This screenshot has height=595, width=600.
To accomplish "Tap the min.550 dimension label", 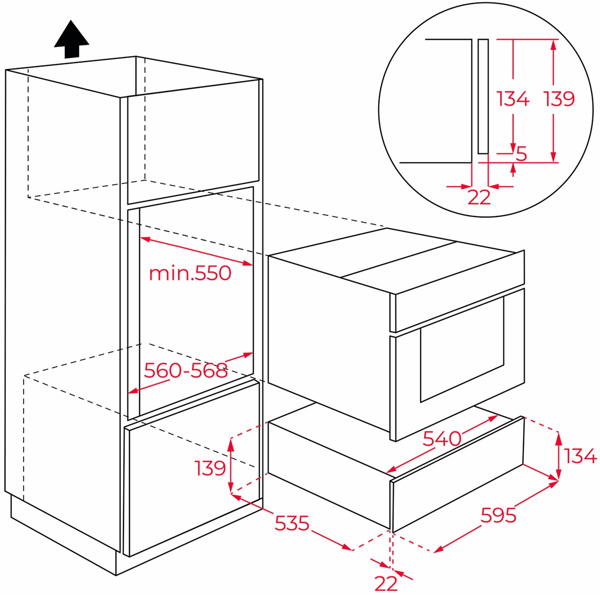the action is (x=190, y=273).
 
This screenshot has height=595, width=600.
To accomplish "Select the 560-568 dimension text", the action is (x=185, y=370).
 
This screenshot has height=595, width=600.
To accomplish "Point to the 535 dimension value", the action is (x=291, y=522).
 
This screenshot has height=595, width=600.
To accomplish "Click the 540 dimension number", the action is (x=442, y=438).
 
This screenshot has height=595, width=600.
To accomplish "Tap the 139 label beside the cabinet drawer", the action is (x=209, y=467).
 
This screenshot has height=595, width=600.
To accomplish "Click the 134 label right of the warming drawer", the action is (x=580, y=456).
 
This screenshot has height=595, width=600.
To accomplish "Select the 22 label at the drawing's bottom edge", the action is (x=386, y=583).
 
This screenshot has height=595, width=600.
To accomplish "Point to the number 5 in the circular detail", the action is (x=521, y=153).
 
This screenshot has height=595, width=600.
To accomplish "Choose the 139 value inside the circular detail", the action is (x=559, y=98).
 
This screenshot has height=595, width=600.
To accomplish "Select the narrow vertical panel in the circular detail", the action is (x=483, y=96).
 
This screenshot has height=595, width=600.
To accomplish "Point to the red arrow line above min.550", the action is (x=196, y=251).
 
